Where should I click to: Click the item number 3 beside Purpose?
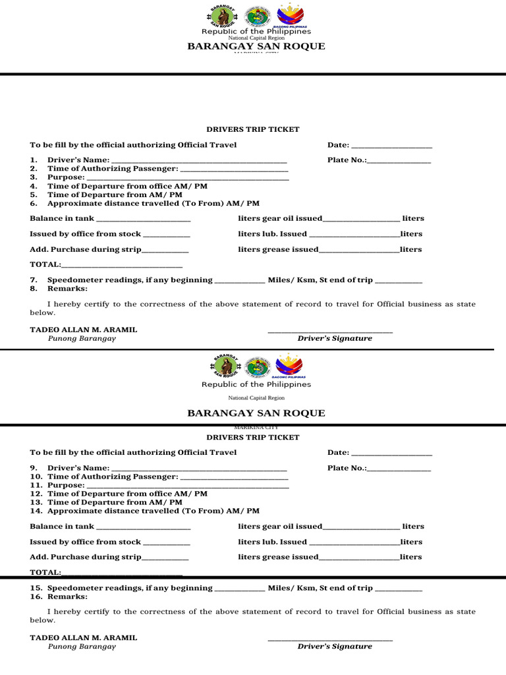[x=33, y=177]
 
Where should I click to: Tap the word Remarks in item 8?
[x=67, y=289]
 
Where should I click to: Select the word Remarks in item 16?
[x=67, y=597]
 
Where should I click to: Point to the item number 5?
[x=33, y=195]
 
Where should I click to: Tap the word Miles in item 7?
[x=278, y=280]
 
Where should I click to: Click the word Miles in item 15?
[x=278, y=588]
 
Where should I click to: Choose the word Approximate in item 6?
[x=76, y=204]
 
